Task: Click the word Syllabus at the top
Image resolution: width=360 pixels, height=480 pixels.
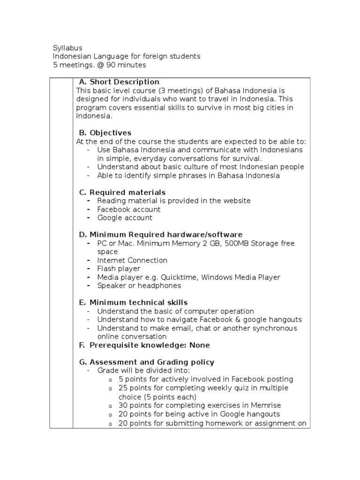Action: click(67, 48)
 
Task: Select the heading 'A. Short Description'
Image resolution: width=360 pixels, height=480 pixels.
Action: click(119, 82)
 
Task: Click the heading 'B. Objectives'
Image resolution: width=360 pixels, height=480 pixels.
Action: click(105, 133)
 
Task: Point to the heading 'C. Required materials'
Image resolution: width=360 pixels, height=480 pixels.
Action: click(122, 192)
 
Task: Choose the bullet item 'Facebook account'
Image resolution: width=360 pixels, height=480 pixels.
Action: click(128, 209)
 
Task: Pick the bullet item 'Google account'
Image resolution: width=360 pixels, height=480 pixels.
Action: click(124, 217)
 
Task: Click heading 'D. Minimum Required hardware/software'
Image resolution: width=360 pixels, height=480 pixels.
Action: click(160, 234)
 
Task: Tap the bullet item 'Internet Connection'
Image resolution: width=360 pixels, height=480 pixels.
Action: click(132, 260)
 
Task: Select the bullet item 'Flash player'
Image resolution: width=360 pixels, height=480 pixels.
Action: click(118, 269)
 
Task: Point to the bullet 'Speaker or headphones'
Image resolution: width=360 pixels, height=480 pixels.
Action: click(139, 285)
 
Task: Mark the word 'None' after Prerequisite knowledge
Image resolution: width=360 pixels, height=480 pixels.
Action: click(200, 345)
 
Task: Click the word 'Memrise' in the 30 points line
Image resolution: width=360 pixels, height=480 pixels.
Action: click(266, 405)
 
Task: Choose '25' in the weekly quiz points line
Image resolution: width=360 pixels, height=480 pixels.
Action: click(123, 388)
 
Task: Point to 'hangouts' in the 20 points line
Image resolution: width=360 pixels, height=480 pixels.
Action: click(265, 414)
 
